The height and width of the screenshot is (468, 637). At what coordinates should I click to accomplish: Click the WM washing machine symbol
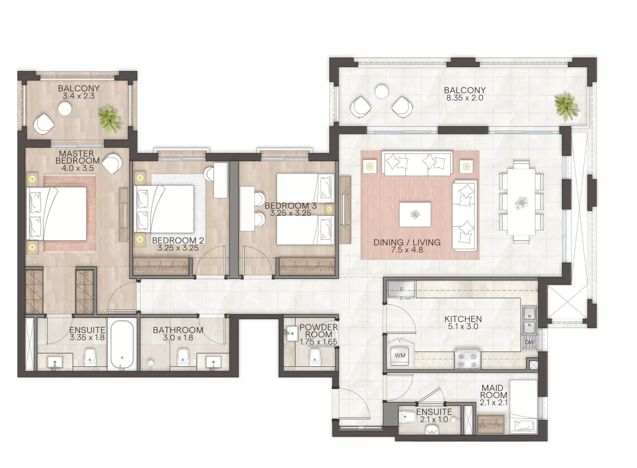pyautogui.click(x=400, y=355)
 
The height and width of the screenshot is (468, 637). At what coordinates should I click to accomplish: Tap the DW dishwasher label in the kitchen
pyautogui.click(x=529, y=342)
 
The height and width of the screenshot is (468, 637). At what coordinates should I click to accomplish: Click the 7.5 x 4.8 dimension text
pyautogui.click(x=407, y=250)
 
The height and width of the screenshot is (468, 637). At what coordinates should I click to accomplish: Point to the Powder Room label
pyautogui.click(x=318, y=331)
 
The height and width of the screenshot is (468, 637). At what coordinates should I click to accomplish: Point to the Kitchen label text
pyautogui.click(x=463, y=319)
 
